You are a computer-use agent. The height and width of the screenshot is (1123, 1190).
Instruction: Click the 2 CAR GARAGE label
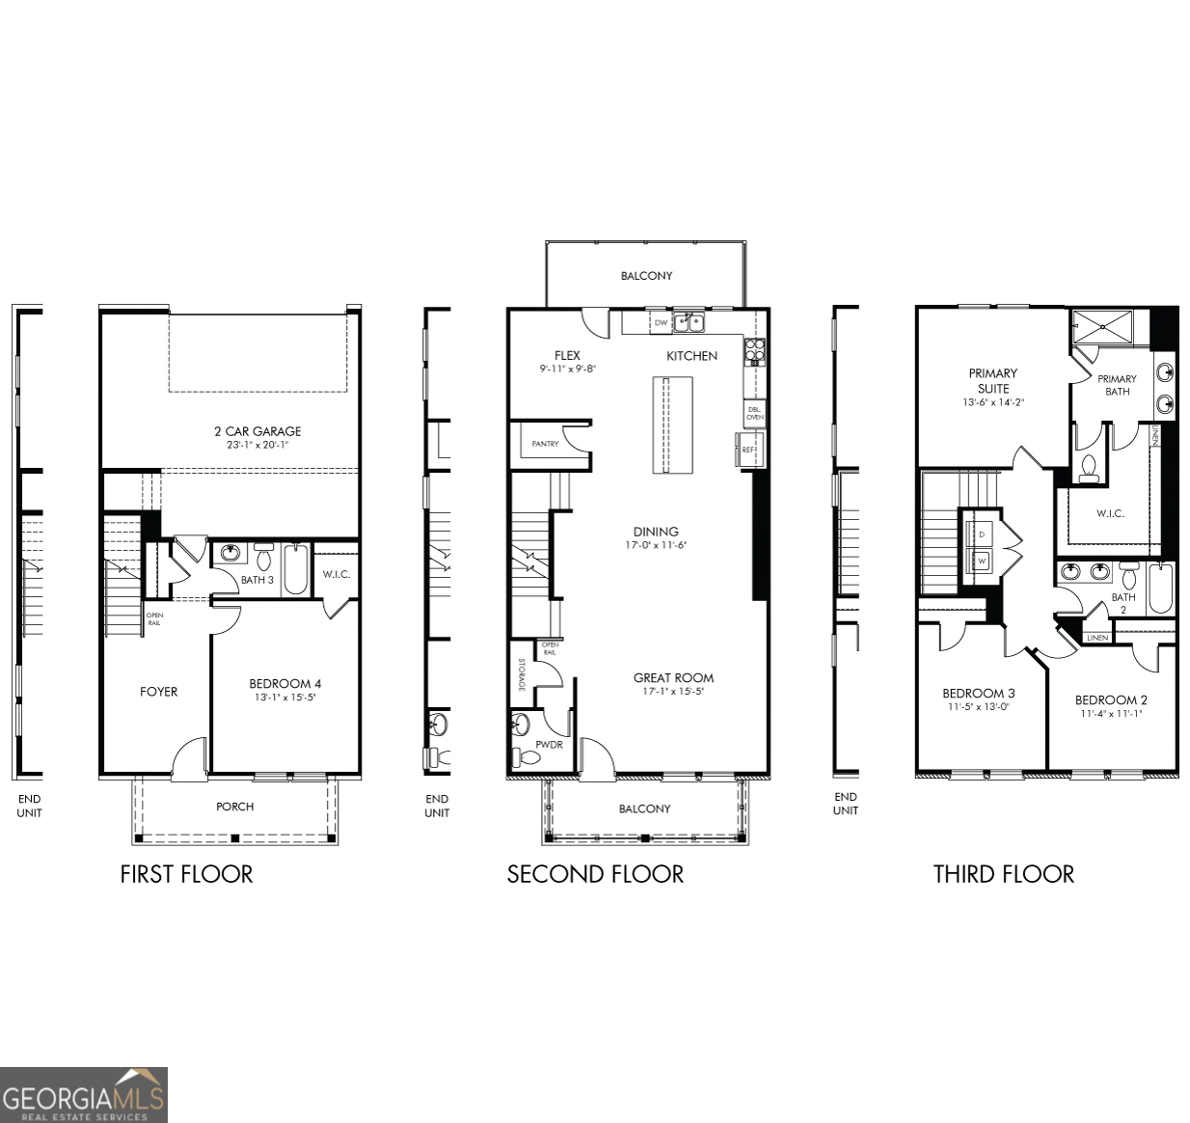point(257,431)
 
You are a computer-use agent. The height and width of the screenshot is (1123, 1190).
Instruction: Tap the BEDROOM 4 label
point(285,684)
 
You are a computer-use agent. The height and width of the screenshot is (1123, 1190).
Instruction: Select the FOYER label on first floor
point(158,692)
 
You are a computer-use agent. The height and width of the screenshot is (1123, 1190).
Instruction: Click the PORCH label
point(235,807)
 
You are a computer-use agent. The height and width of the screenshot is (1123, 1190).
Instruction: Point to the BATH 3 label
point(257,580)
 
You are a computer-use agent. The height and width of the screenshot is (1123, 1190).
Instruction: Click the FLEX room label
point(567,356)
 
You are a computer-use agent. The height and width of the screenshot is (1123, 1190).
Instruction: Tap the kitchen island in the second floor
point(672,425)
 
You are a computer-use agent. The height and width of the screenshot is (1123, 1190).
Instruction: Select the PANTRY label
point(545,444)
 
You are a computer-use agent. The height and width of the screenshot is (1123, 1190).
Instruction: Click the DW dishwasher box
point(661,323)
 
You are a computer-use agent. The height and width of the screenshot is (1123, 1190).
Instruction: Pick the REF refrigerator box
point(749,450)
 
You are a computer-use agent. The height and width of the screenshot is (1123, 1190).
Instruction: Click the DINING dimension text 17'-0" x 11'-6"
point(656,545)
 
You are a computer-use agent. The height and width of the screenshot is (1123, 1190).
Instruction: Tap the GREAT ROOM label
point(673,678)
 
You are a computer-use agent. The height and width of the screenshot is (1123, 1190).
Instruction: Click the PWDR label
point(549,745)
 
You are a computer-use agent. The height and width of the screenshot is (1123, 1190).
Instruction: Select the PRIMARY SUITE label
point(993,380)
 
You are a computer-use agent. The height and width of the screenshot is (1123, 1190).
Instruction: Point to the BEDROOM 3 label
point(978,694)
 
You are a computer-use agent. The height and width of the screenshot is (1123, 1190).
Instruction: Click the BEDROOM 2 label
point(1111,700)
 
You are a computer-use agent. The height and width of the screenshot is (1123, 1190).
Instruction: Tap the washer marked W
point(982,561)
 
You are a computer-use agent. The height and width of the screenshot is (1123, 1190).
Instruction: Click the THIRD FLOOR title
point(1003,874)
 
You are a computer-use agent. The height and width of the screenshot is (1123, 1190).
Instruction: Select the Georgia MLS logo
point(84,1095)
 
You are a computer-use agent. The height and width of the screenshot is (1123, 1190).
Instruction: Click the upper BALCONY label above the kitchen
point(646,276)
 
